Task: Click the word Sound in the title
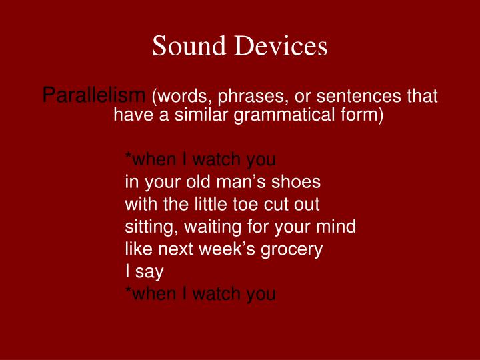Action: click(189, 45)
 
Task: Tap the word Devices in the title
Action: click(281, 45)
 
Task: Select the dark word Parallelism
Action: click(94, 95)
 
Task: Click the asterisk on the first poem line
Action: click(128, 155)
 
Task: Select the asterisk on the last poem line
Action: click(128, 289)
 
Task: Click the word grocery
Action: click(291, 250)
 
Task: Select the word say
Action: click(149, 273)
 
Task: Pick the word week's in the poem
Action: click(227, 249)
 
